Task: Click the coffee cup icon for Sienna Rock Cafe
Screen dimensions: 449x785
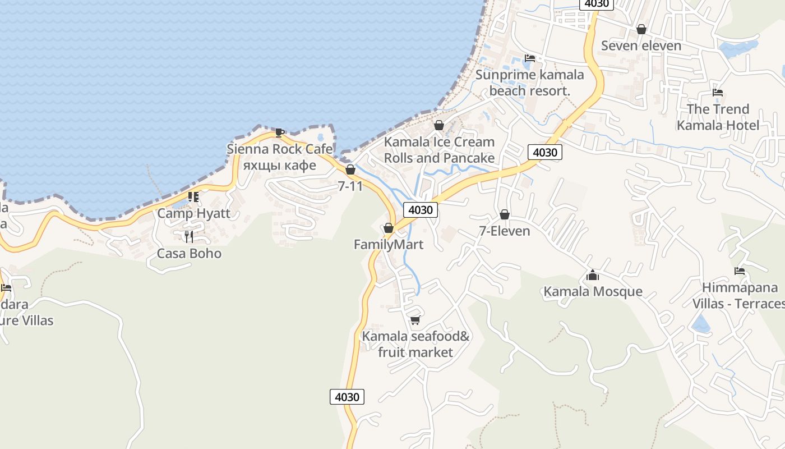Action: [x=279, y=132]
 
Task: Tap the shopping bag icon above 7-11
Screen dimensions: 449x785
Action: [x=350, y=169]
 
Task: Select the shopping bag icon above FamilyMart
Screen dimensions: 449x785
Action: [x=388, y=228]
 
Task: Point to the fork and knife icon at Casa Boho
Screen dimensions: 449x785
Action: [x=189, y=237]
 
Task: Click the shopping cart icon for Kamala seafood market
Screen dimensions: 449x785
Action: [x=415, y=320]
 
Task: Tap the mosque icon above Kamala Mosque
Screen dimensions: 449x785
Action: [x=593, y=275]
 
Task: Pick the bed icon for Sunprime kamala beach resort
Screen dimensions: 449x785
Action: [x=529, y=58]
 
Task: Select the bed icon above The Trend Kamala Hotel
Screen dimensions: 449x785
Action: [x=717, y=93]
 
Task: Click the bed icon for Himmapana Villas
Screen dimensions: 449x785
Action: [x=740, y=271]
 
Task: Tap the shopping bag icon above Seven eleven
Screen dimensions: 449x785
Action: [x=641, y=29]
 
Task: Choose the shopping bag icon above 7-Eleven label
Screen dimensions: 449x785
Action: [x=504, y=214]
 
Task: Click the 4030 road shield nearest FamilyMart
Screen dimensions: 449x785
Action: [x=420, y=210]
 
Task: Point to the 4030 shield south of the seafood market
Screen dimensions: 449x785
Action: [x=347, y=397]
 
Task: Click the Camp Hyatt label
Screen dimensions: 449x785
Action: [x=193, y=213]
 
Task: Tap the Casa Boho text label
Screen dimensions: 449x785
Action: [x=189, y=253]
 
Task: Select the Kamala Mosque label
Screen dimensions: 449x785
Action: [x=593, y=291]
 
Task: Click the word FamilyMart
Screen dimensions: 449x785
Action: [x=388, y=245]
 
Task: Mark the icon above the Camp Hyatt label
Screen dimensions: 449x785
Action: [x=193, y=196]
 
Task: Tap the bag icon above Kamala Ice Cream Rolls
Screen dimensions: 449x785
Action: [x=439, y=125]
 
